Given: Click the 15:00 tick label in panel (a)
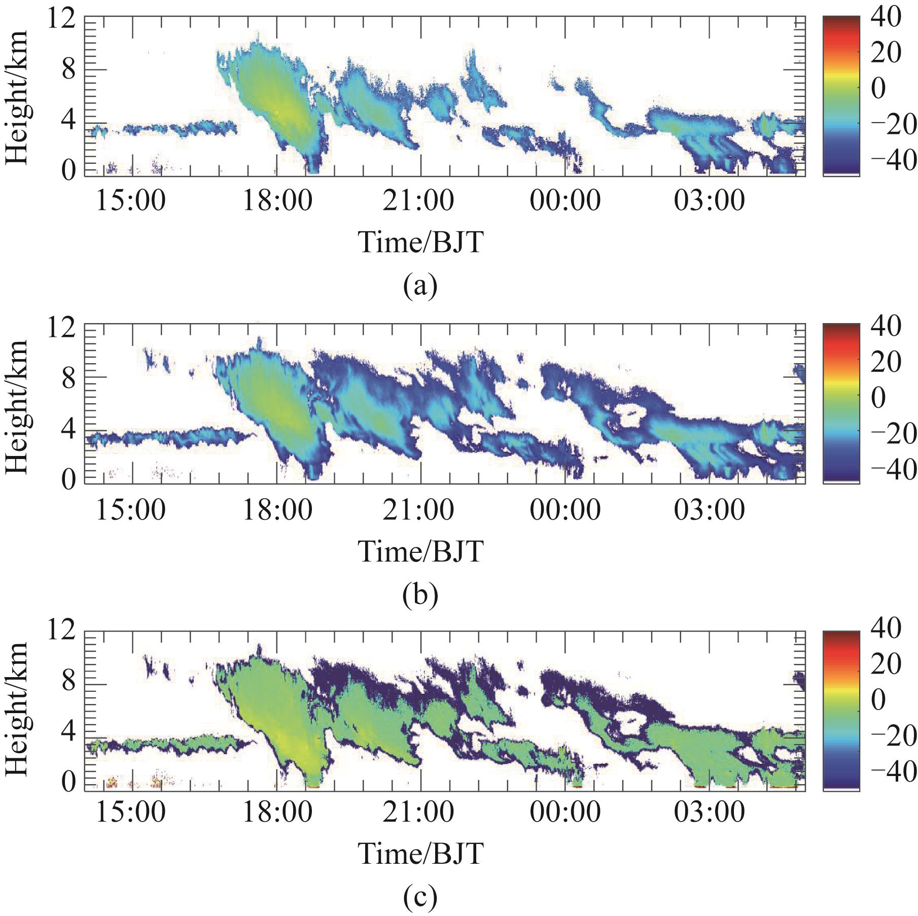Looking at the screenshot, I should [x=130, y=201].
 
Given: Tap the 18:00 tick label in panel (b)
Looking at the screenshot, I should [x=277, y=509].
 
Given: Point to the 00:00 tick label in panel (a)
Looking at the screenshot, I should [x=565, y=201].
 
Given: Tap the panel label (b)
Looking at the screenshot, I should [x=420, y=595].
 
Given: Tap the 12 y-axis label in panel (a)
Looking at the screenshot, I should [x=61, y=21].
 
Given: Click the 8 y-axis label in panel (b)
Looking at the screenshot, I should [x=68, y=378].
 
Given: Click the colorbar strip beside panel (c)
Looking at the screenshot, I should [x=841, y=710].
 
